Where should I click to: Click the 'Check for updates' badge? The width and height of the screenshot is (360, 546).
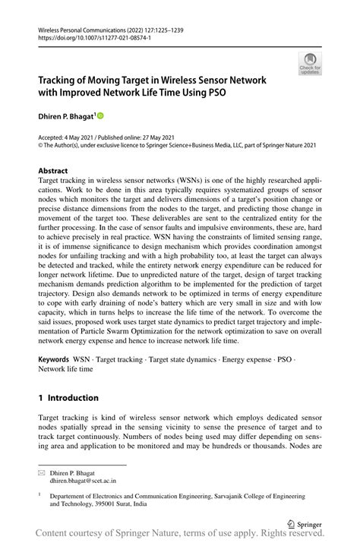tap(310, 63)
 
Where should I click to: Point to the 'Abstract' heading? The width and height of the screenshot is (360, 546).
tap(52, 171)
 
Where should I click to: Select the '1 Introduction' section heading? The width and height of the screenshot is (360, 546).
tap(68, 397)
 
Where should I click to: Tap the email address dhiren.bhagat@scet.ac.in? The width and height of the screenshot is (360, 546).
tap(84, 481)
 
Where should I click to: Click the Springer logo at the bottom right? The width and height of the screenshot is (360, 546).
tap(305, 522)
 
